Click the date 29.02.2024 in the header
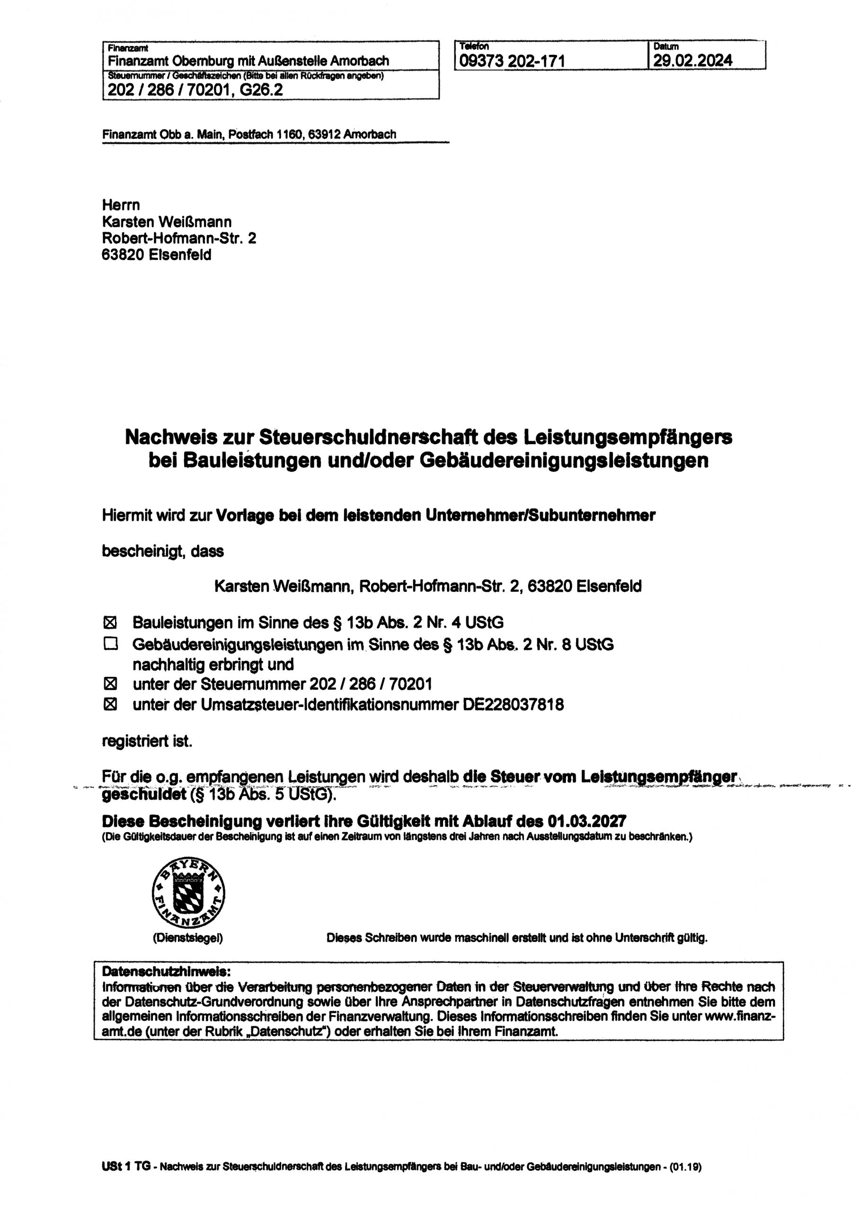click(x=692, y=61)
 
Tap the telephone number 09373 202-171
click(x=512, y=61)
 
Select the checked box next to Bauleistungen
click(x=110, y=622)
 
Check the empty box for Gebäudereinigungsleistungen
click(x=110, y=644)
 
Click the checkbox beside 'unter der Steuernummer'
click(x=110, y=684)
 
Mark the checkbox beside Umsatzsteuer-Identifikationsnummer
click(x=110, y=704)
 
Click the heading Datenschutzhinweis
click(x=166, y=971)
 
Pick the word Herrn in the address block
click(x=121, y=205)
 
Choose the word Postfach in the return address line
click(x=250, y=134)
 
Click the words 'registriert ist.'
click(x=147, y=741)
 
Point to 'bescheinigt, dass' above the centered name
click(x=162, y=551)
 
